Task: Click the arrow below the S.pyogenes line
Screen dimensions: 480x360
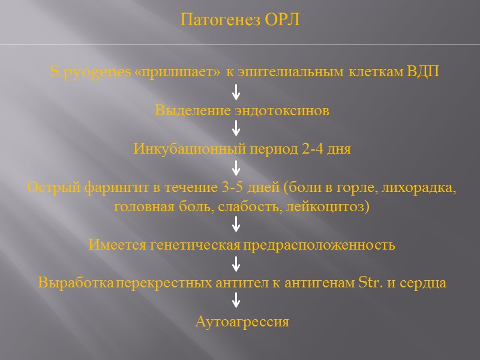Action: click(x=236, y=92)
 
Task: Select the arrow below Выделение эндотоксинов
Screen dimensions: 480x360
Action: click(x=236, y=128)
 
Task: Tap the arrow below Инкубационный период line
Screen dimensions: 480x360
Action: click(x=236, y=167)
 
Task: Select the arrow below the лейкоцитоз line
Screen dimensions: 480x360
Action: click(x=236, y=225)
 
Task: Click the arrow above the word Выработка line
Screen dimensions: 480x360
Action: click(x=236, y=263)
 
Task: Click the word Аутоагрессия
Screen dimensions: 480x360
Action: click(x=242, y=322)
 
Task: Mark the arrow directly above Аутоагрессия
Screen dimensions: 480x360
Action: click(x=236, y=301)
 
